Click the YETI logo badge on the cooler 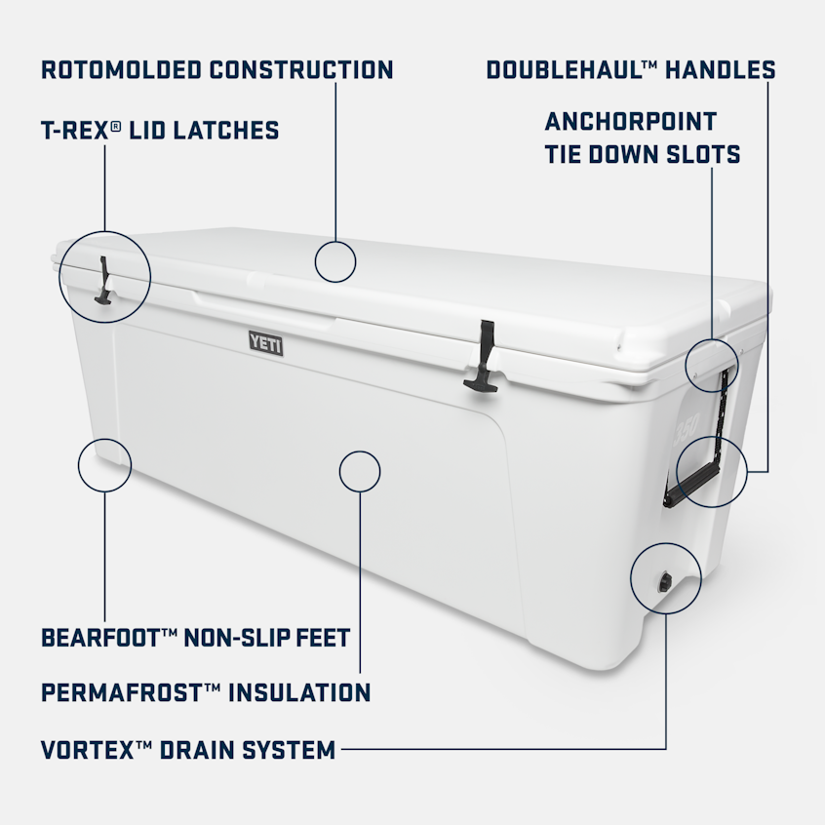[265, 343]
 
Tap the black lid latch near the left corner [103, 281]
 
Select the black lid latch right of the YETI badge [482, 356]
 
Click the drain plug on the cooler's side [666, 582]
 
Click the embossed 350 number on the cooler [687, 428]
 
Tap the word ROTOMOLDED [121, 70]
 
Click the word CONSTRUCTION [301, 70]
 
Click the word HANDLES [721, 70]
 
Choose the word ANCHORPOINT [631, 122]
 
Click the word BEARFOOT [101, 638]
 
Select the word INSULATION [299, 693]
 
